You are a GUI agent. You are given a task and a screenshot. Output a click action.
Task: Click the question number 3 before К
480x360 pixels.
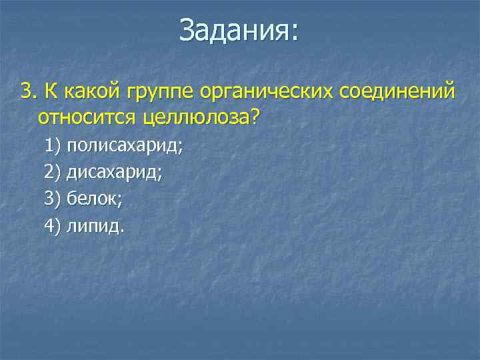point(27,91)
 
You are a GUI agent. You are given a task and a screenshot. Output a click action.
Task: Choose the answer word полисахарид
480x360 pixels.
point(125,146)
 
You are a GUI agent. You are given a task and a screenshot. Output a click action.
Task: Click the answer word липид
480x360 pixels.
point(94,226)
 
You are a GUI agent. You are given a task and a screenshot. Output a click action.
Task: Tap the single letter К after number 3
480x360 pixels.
point(50,91)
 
